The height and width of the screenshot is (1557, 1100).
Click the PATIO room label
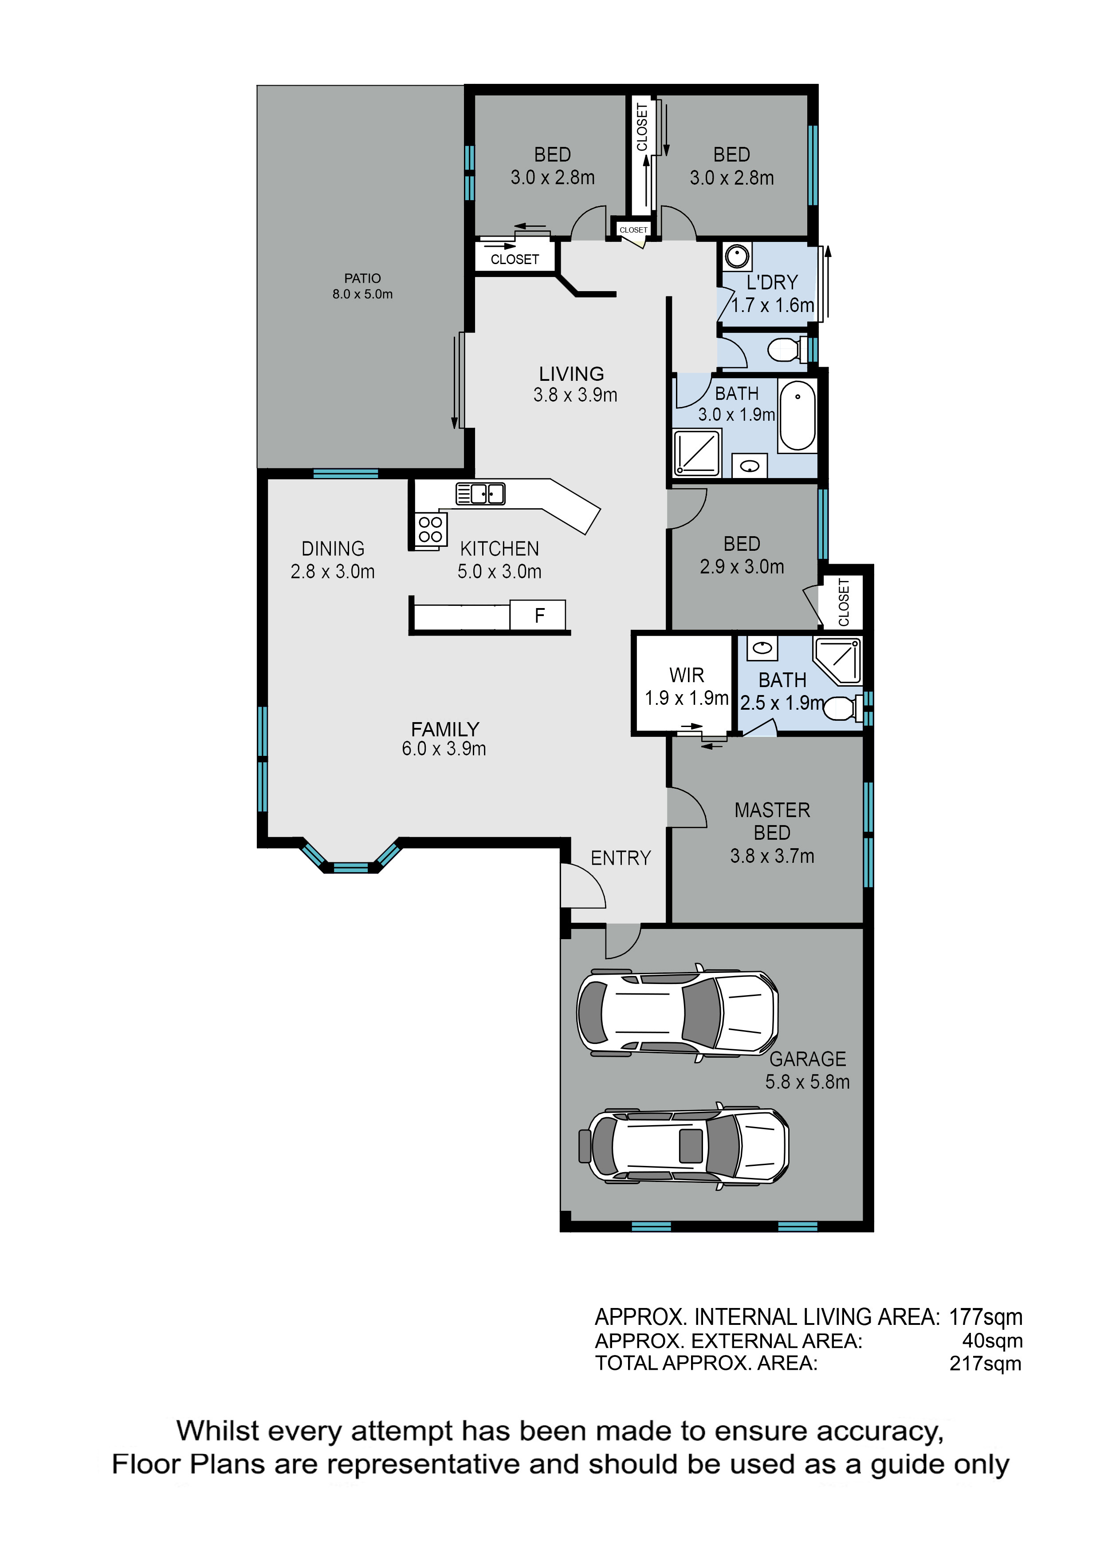coord(362,278)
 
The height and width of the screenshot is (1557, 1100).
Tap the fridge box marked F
coord(538,615)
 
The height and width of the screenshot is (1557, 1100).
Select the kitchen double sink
coord(480,493)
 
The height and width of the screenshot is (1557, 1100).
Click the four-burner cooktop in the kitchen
coord(430,529)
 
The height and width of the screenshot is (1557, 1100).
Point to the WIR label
coord(687,676)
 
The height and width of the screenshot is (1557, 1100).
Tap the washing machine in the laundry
coord(737,257)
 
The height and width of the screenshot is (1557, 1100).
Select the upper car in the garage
coord(677,1012)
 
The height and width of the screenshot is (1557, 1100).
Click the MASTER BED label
coord(772,821)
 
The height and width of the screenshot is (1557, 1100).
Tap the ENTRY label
coord(620,858)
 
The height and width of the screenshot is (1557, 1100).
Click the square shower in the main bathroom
coord(696,452)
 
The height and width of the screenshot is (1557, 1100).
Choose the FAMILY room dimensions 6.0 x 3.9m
coord(444,749)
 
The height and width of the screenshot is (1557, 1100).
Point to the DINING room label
coord(333,549)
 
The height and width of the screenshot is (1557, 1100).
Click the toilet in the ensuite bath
coord(844,708)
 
